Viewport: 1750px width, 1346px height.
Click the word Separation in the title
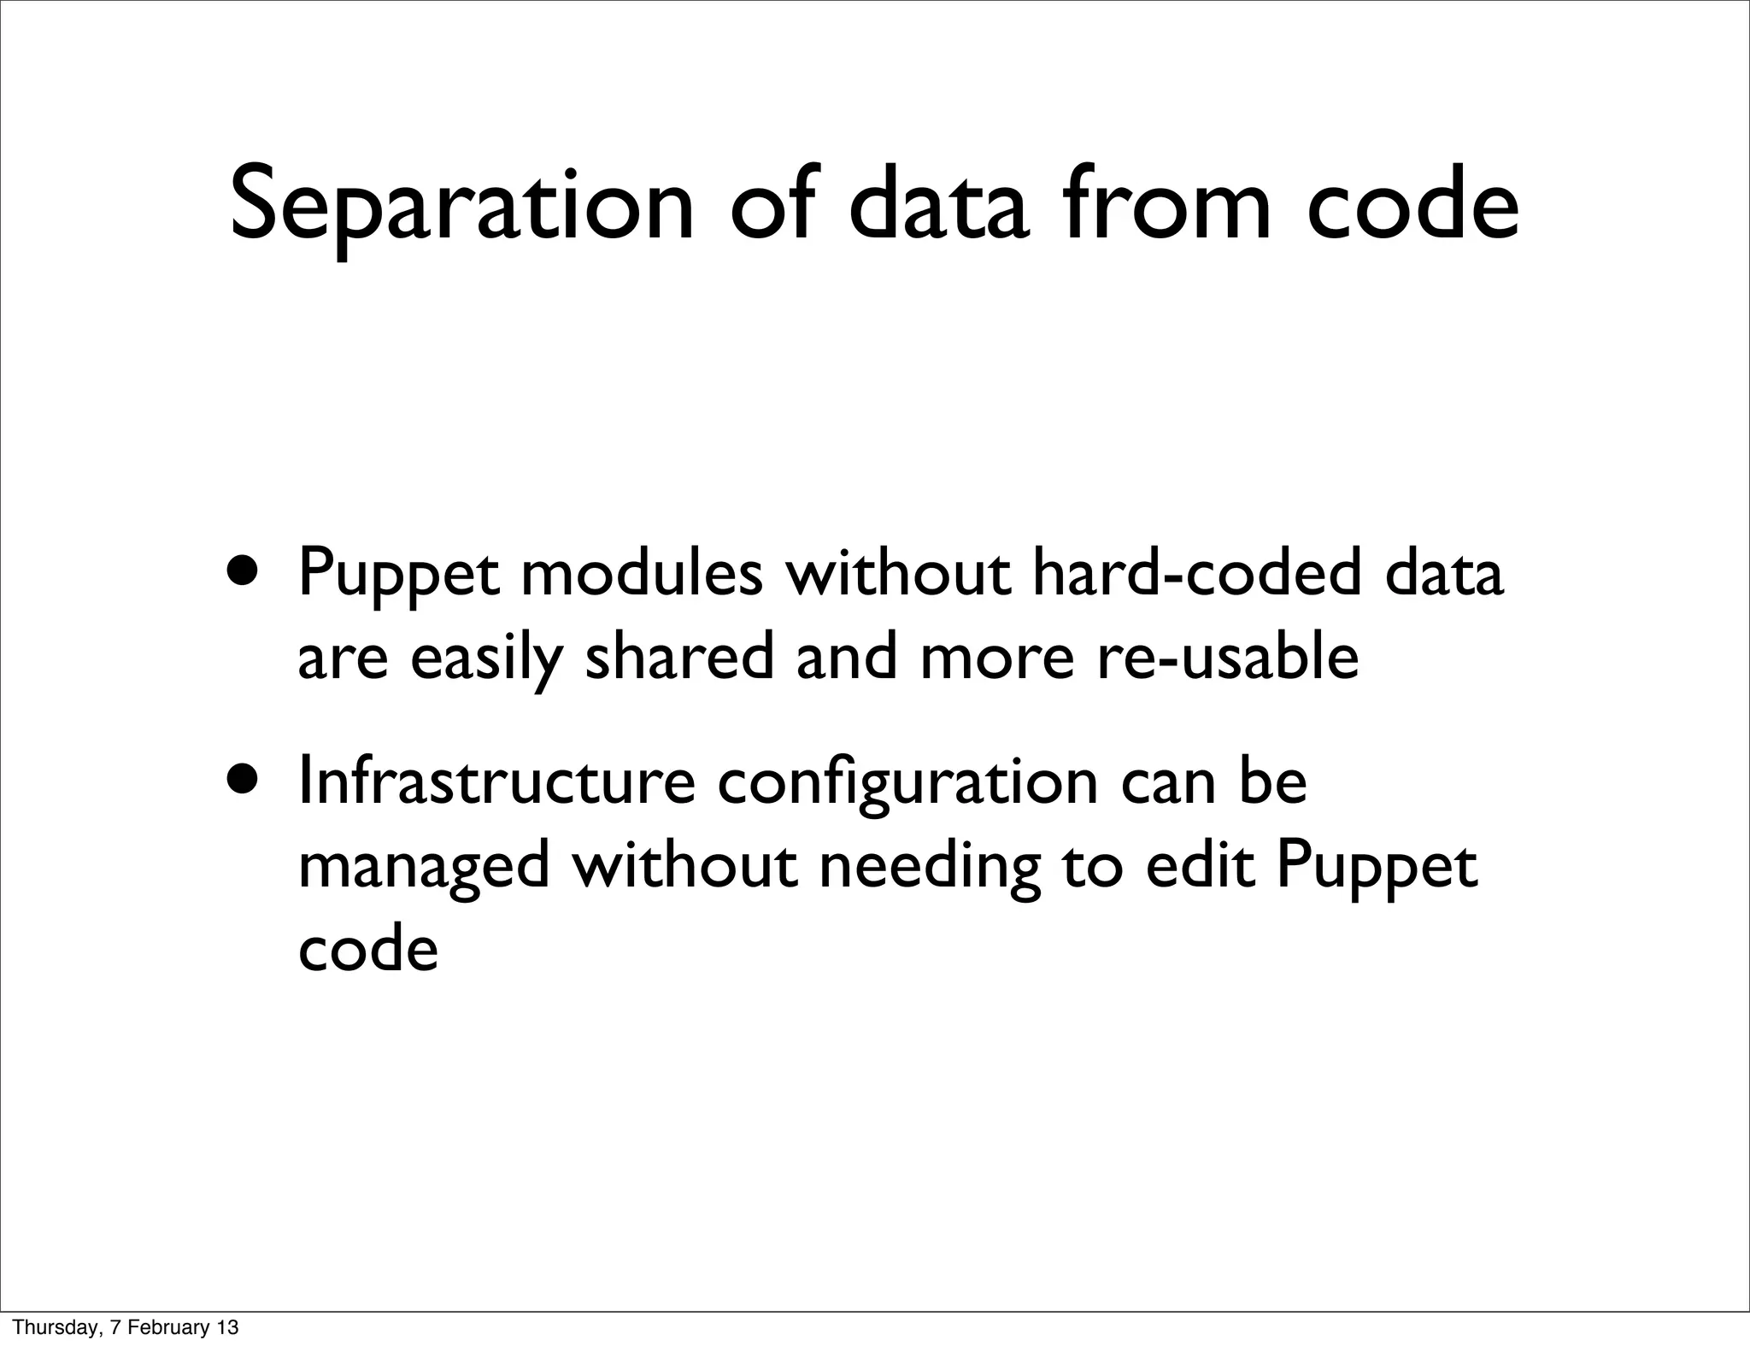tap(461, 207)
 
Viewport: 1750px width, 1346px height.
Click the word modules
tap(641, 573)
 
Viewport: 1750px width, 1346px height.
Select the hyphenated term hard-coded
tap(1196, 573)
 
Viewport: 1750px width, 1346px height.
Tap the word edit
tap(1201, 865)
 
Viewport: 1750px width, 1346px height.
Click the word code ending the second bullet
tap(368, 949)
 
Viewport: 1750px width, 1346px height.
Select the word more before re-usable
tap(996, 658)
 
